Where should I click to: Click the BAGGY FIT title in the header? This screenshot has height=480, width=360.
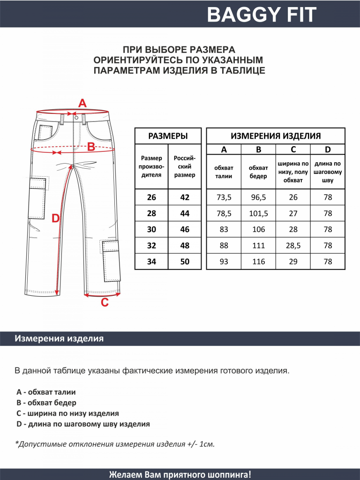pyautogui.click(x=262, y=15)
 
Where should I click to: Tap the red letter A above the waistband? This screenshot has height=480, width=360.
pyautogui.click(x=82, y=103)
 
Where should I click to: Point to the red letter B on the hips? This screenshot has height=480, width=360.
pyautogui.click(x=91, y=147)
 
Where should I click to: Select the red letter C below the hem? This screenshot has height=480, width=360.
pyautogui.click(x=105, y=303)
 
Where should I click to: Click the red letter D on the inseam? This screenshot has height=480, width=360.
pyautogui.click(x=55, y=218)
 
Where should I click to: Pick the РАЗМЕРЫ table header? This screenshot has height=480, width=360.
pyautogui.click(x=168, y=136)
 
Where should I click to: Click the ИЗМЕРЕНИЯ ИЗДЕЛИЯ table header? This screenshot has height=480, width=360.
pyautogui.click(x=276, y=136)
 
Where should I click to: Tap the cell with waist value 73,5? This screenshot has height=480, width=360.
pyautogui.click(x=224, y=197)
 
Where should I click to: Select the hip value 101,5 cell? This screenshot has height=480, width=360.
pyautogui.click(x=258, y=213)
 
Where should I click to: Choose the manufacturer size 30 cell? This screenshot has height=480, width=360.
pyautogui.click(x=151, y=229)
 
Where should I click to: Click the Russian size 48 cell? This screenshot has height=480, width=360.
pyautogui.click(x=185, y=245)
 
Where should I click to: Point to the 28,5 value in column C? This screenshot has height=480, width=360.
pyautogui.click(x=293, y=245)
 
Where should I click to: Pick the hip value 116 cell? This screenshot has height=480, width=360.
pyautogui.click(x=258, y=262)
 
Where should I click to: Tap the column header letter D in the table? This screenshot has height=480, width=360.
pyautogui.click(x=328, y=150)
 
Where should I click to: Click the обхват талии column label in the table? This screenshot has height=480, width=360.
pyautogui.click(x=224, y=172)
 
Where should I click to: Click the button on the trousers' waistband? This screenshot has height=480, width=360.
pyautogui.click(x=76, y=119)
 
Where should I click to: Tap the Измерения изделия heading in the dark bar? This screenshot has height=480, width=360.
pyautogui.click(x=59, y=338)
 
